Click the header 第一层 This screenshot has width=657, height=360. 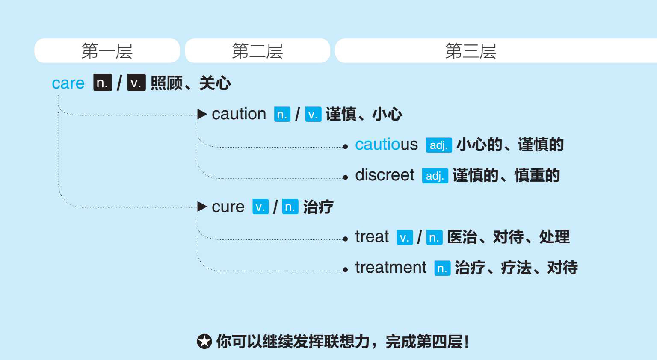(x=107, y=51)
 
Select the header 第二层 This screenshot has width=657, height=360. (x=257, y=51)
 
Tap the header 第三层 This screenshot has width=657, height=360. (x=471, y=51)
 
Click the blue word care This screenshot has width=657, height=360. (x=68, y=83)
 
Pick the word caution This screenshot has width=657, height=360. (x=239, y=114)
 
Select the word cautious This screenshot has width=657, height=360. (x=386, y=145)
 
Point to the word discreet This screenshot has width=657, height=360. (x=385, y=175)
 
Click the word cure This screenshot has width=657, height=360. (x=228, y=207)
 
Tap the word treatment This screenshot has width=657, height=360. (x=391, y=268)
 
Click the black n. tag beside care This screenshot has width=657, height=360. (x=103, y=83)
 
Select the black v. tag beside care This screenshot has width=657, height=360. (x=136, y=83)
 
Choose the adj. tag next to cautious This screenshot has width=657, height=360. (x=438, y=145)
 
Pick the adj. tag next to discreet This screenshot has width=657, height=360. (x=435, y=176)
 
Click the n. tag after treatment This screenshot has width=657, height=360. (x=442, y=269)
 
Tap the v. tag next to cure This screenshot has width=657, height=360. (x=260, y=207)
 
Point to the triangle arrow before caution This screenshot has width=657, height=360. (x=202, y=114)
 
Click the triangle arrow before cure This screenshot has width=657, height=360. (x=202, y=207)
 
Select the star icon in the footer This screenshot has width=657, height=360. (x=204, y=342)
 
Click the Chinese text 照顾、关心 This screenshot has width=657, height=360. (x=191, y=83)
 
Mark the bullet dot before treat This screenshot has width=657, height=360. (x=346, y=239)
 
